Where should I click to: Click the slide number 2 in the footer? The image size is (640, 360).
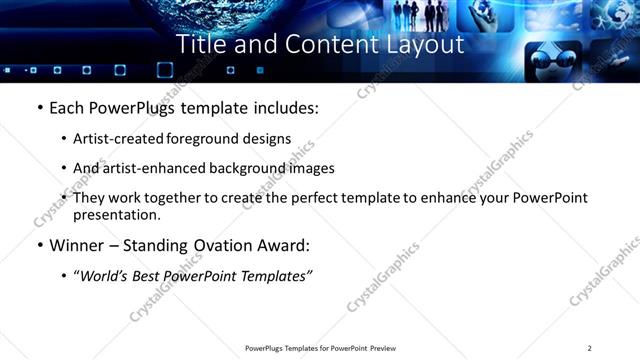click(590, 348)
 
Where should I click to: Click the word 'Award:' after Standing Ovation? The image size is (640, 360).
click(285, 245)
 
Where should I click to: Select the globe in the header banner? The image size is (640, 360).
click(210, 14)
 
